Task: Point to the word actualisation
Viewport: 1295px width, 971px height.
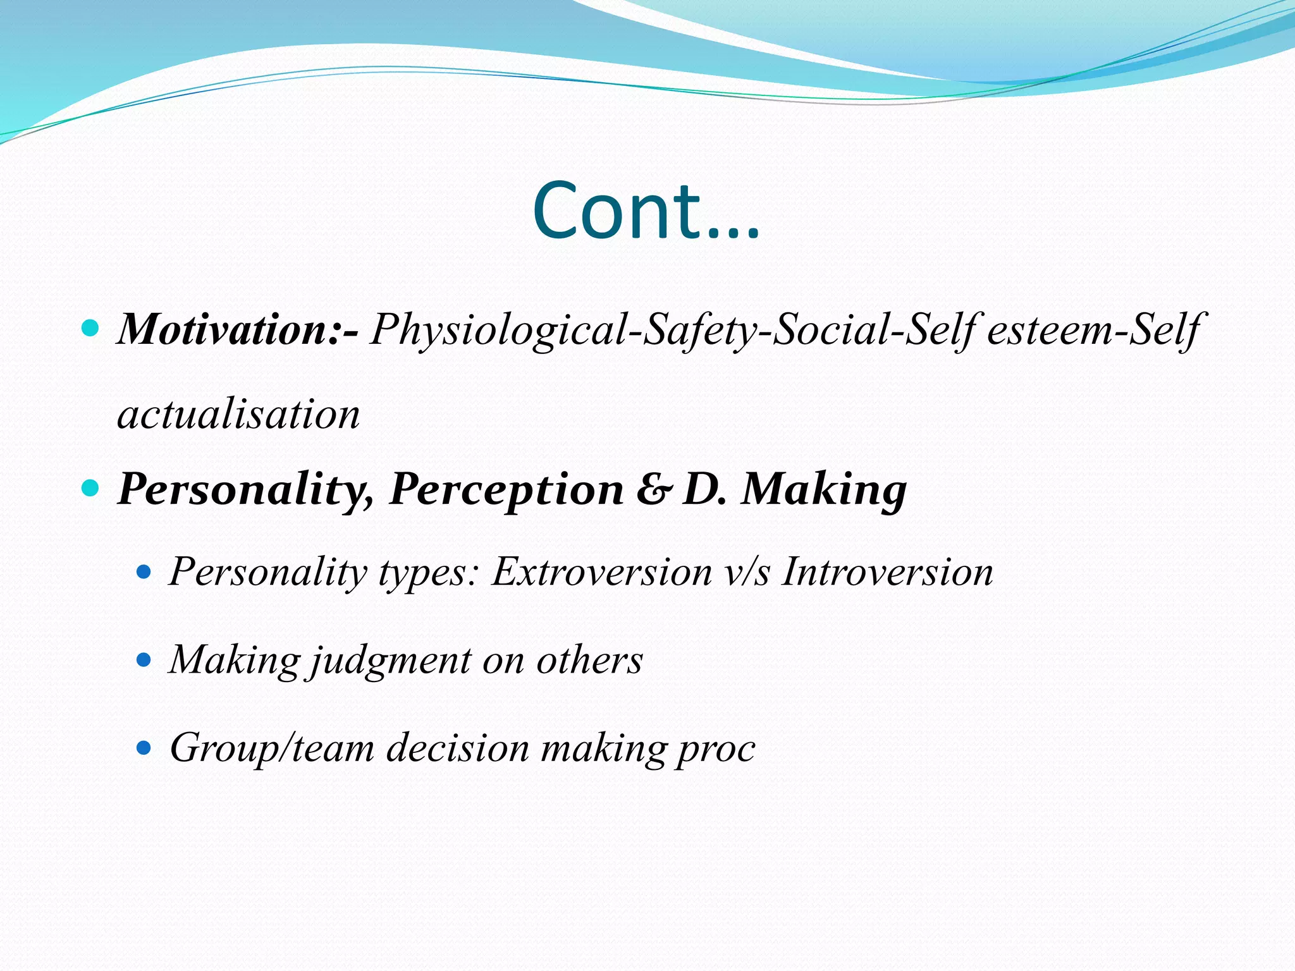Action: pyautogui.click(x=239, y=415)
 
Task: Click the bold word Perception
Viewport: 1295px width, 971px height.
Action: pyautogui.click(x=506, y=489)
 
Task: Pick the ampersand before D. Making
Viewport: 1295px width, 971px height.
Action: pyautogui.click(x=651, y=489)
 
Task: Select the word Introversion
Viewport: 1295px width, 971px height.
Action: pyautogui.click(x=887, y=572)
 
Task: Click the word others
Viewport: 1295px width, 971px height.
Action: pyautogui.click(x=589, y=661)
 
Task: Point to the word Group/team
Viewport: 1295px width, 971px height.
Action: pyautogui.click(x=272, y=748)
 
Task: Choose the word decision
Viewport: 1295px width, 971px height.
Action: pyautogui.click(x=458, y=748)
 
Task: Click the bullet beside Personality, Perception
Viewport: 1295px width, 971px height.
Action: pyautogui.click(x=92, y=488)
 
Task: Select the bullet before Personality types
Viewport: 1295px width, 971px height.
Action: pyautogui.click(x=145, y=573)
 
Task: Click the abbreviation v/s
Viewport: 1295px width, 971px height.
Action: pyautogui.click(x=747, y=572)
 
